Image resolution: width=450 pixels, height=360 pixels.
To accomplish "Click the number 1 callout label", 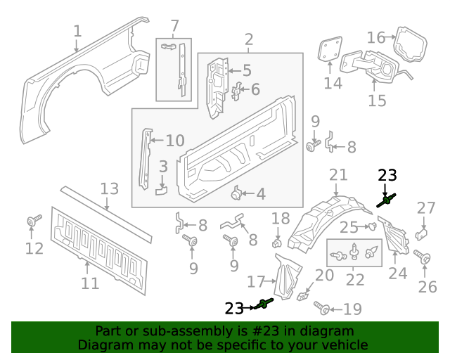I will tap(77, 31).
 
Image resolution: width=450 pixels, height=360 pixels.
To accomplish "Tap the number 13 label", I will tap(109, 188).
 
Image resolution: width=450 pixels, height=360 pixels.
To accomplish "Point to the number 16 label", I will tap(376, 37).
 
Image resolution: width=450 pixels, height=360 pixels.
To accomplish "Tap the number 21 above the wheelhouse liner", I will tap(338, 175).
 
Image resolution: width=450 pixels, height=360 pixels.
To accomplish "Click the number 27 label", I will tap(426, 207).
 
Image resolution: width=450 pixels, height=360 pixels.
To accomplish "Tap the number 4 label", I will tap(261, 194).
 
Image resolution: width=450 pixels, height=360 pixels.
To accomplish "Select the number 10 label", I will tap(174, 140).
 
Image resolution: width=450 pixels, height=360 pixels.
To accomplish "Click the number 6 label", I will tap(255, 89).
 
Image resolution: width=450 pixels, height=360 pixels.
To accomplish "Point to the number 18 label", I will tap(280, 219).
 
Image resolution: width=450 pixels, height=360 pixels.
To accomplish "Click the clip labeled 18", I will tap(277, 243).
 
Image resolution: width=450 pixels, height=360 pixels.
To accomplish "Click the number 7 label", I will tap(174, 27).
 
